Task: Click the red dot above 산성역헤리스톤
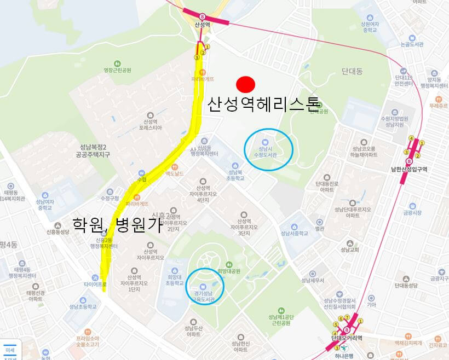point(246,84)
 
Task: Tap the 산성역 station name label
point(203,25)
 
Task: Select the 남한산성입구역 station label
point(408,169)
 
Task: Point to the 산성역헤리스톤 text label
point(262,104)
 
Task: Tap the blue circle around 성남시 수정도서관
point(268,149)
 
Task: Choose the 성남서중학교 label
point(295,233)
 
